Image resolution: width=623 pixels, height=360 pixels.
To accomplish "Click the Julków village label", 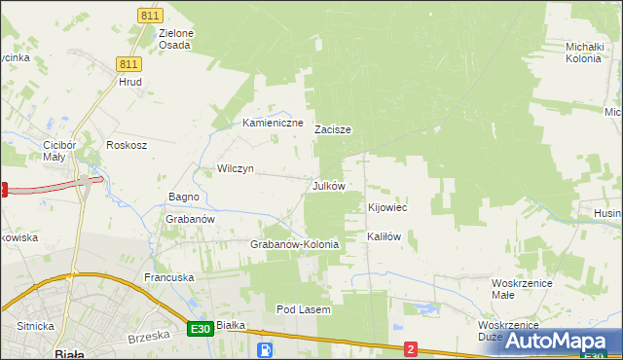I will (328, 186).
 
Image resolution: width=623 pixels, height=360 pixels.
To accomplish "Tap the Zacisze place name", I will (332, 129).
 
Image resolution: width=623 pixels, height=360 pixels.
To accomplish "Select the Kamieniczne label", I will (273, 124).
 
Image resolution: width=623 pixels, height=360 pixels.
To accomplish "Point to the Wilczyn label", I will (235, 168).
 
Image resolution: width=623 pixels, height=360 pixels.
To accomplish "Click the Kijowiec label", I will (386, 208).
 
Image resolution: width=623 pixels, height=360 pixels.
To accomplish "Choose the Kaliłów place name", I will (384, 236).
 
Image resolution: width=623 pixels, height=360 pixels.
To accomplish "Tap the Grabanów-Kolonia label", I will (295, 244).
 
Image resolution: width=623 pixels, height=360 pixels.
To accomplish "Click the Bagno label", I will (183, 197).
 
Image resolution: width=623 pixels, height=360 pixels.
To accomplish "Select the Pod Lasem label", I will (304, 309).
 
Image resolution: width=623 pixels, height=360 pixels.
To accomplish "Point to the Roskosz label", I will (126, 145).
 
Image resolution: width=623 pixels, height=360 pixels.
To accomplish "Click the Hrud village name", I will (130, 83).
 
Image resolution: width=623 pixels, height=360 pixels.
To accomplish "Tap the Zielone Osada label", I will (175, 39).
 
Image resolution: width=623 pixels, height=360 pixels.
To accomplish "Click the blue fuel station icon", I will (265, 349).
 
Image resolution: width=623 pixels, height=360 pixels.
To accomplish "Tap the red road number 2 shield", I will (411, 348).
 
